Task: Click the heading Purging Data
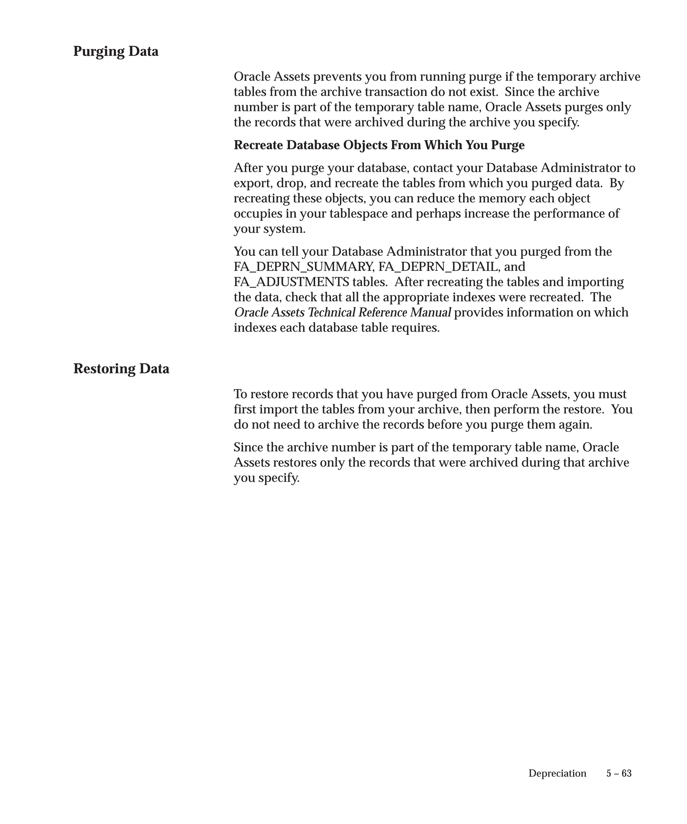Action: coord(116,51)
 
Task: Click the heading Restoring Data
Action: coord(121,368)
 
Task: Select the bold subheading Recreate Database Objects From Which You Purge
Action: coord(379,145)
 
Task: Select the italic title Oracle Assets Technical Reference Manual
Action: coord(342,313)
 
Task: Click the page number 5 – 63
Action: coord(619,773)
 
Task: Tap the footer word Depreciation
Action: coord(557,773)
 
